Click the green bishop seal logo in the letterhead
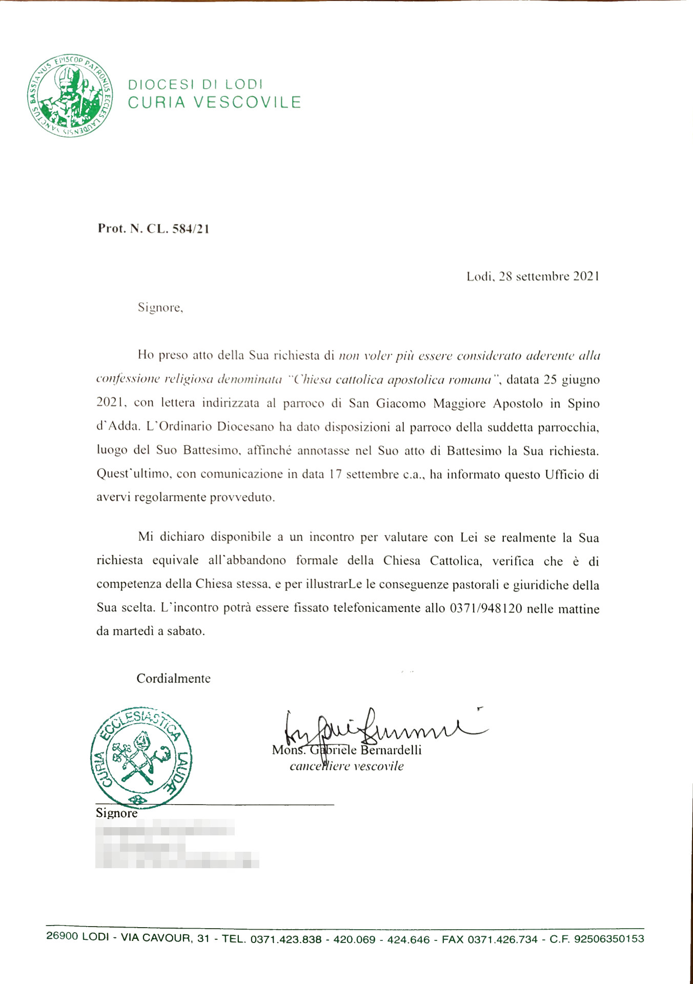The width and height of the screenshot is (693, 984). [70, 95]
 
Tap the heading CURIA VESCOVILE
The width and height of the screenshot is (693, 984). [214, 102]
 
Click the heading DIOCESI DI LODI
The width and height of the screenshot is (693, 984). [195, 84]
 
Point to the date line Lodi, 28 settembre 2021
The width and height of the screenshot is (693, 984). [533, 277]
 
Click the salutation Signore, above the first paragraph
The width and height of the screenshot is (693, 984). [160, 307]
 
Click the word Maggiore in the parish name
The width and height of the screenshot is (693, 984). [459, 403]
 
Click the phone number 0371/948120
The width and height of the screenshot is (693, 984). [486, 608]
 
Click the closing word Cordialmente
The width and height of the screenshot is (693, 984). [173, 679]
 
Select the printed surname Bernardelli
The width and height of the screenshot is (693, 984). [391, 750]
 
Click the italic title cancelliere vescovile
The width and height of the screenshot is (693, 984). [346, 766]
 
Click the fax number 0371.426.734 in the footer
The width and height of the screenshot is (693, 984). [502, 939]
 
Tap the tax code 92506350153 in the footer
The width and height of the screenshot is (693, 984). [609, 939]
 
